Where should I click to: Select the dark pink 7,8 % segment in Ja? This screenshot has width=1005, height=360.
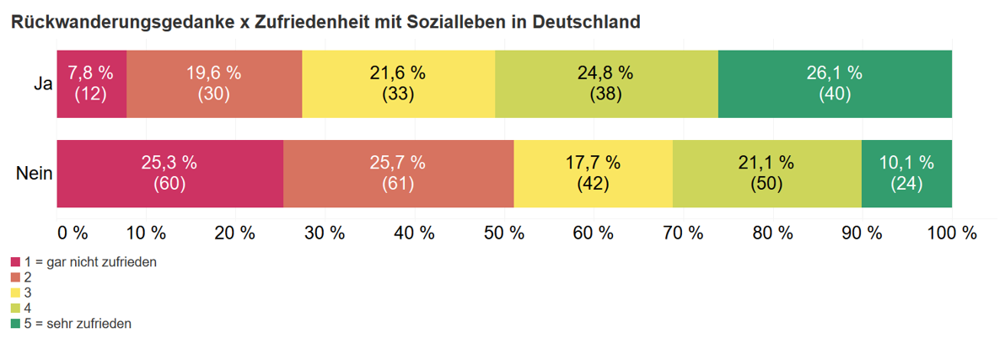[91, 83]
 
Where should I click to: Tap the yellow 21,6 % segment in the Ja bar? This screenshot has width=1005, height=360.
[398, 83]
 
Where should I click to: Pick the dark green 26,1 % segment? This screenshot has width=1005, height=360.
[835, 83]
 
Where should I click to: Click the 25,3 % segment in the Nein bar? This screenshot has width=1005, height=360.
[169, 173]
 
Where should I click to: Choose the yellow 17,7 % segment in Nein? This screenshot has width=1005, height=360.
[593, 173]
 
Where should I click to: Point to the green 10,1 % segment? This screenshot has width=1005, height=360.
[906, 173]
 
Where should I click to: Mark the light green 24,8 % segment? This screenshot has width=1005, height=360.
[606, 83]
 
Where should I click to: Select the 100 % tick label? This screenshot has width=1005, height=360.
[952, 234]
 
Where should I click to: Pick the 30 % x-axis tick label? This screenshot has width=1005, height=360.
[325, 234]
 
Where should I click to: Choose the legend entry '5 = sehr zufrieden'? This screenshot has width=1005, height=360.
[78, 323]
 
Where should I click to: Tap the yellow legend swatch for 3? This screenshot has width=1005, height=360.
[16, 293]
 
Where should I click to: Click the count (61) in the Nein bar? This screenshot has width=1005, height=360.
[398, 184]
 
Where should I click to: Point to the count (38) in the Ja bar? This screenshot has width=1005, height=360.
[606, 94]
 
